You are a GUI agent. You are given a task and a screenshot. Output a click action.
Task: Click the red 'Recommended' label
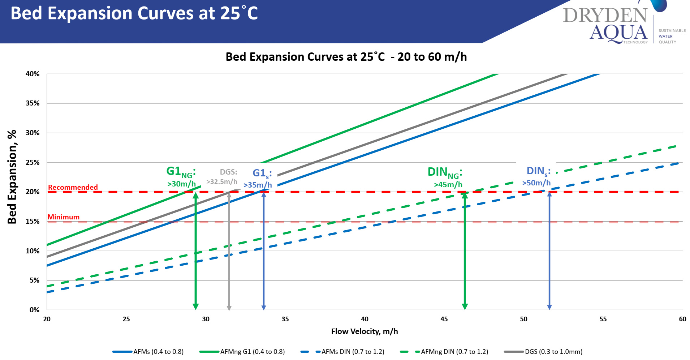73,187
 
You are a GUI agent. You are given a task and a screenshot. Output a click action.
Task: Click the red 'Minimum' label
64,217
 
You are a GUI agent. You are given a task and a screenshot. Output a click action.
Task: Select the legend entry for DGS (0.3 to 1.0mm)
553,352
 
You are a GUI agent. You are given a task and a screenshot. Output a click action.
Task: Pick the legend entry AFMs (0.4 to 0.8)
158,352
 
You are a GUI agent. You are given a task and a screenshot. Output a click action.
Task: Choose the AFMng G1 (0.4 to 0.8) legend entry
252,352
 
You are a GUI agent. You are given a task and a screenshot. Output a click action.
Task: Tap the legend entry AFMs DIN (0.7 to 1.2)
353,352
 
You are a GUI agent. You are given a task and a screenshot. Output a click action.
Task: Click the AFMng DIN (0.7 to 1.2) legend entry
454,352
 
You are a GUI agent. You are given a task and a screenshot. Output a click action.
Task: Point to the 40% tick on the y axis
33,74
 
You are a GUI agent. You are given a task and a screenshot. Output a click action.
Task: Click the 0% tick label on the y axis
34,310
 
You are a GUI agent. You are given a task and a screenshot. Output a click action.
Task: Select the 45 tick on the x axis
444,319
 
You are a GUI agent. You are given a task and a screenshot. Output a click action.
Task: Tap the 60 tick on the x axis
682,319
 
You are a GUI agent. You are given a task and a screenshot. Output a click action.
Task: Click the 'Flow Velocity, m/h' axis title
365,331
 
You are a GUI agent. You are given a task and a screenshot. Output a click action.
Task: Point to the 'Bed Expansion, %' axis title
12,177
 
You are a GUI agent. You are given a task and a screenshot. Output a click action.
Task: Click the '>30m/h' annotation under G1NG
181,184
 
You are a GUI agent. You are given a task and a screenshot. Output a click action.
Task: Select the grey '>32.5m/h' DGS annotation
222,181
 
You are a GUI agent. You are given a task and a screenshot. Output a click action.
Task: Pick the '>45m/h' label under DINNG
448,185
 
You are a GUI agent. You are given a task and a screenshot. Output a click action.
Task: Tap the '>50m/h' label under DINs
536,183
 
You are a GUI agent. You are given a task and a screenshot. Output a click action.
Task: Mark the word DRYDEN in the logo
605,15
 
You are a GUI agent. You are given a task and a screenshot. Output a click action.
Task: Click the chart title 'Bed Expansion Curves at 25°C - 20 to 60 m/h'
346,57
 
